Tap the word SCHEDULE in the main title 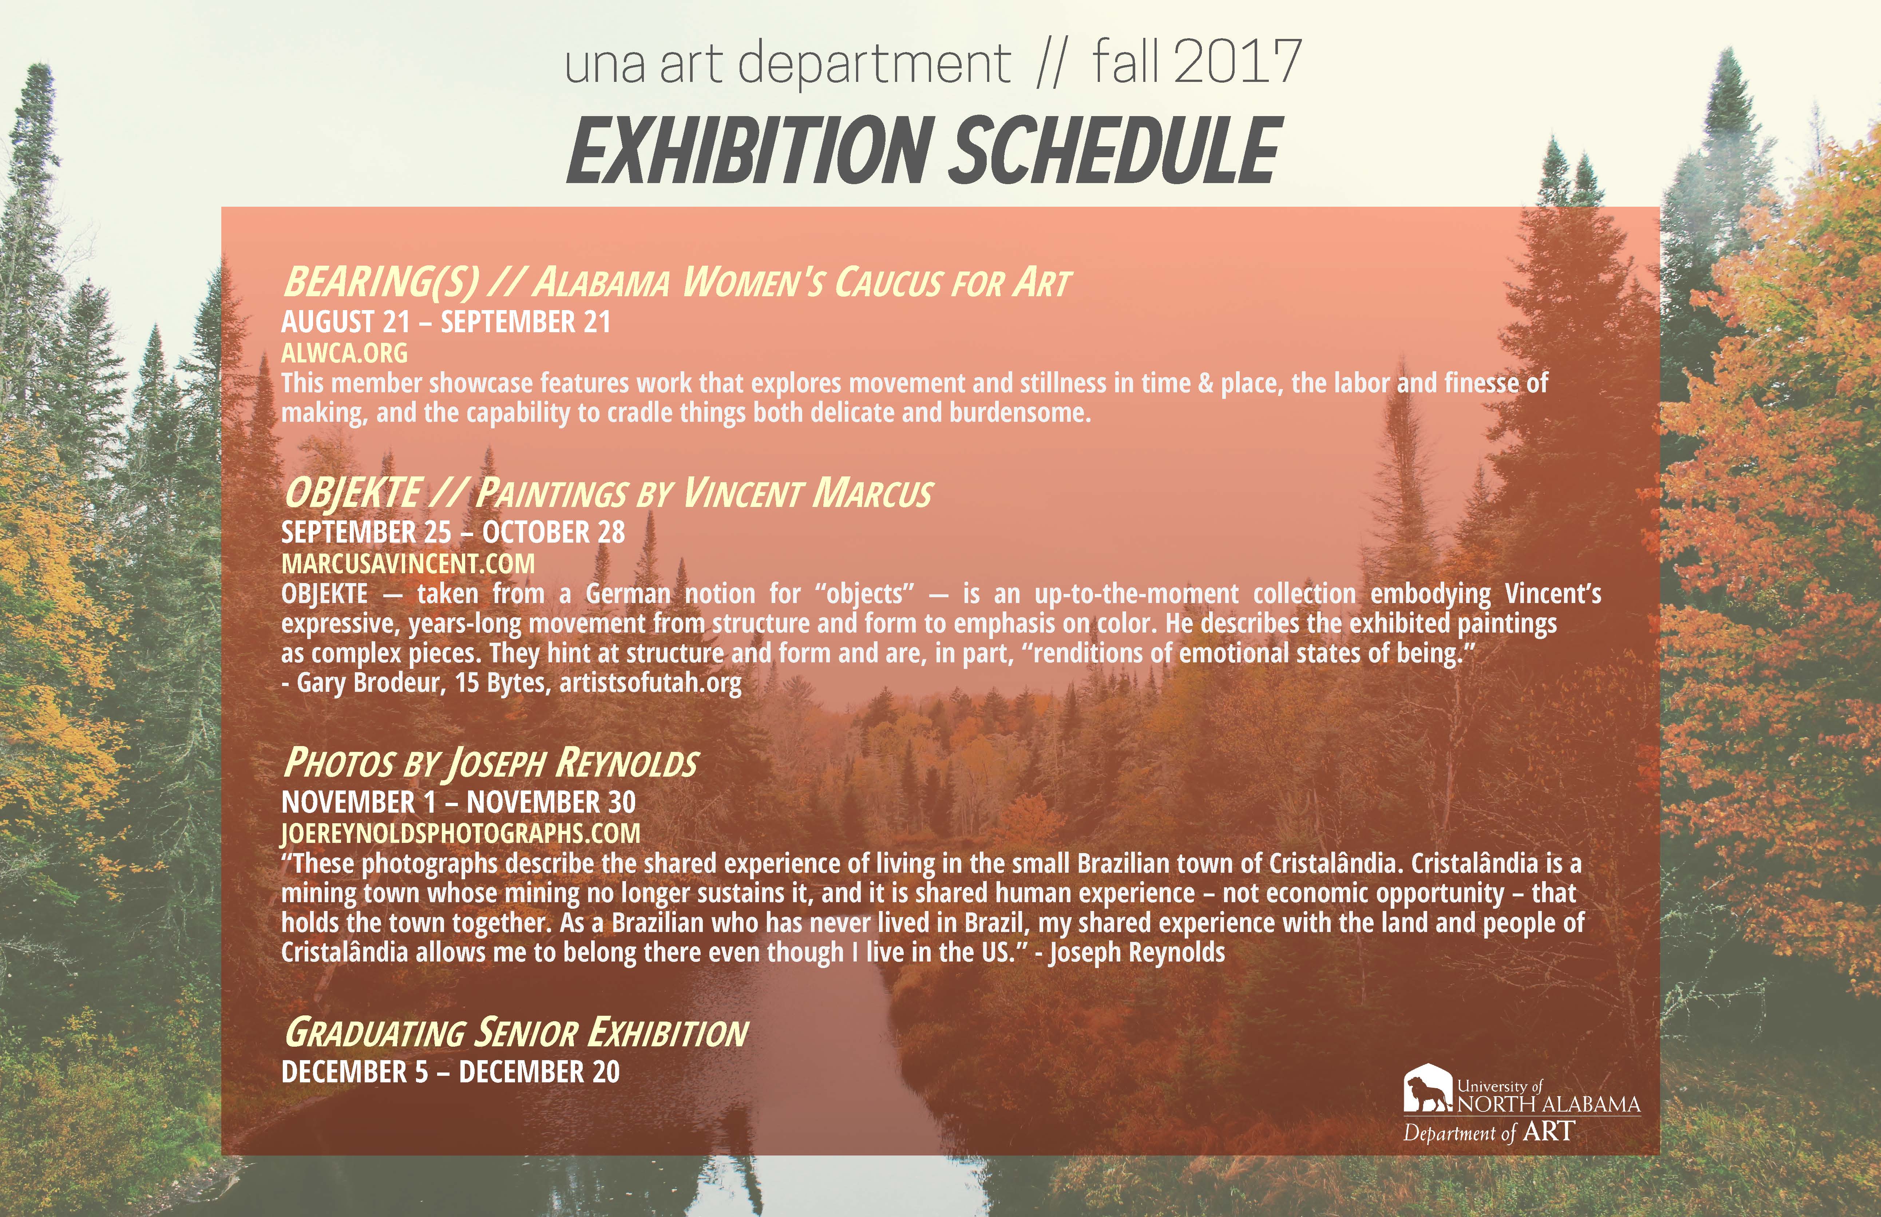point(1114,150)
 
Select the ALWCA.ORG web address point(345,352)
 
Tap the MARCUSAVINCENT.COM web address point(408,563)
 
